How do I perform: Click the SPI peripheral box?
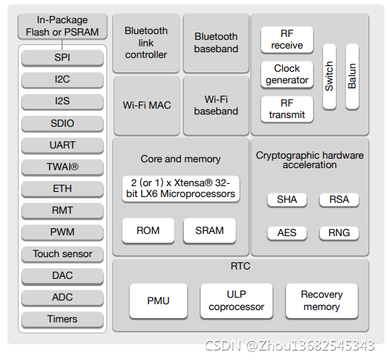click(62, 57)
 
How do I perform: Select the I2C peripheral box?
click(62, 79)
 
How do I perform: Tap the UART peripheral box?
click(62, 145)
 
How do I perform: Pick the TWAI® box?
click(62, 167)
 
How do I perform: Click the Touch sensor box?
click(62, 254)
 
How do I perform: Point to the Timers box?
click(62, 319)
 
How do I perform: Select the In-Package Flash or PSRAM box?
click(62, 27)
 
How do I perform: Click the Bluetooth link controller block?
click(146, 43)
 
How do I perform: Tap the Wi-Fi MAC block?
click(146, 106)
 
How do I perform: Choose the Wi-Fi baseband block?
click(216, 106)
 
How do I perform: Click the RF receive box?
click(287, 40)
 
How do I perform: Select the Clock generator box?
click(287, 74)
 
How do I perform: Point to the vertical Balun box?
click(352, 76)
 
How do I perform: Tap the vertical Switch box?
click(329, 76)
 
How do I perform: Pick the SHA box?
click(287, 199)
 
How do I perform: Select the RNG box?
click(339, 233)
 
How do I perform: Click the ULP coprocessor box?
click(236, 301)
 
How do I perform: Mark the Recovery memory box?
click(321, 301)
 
